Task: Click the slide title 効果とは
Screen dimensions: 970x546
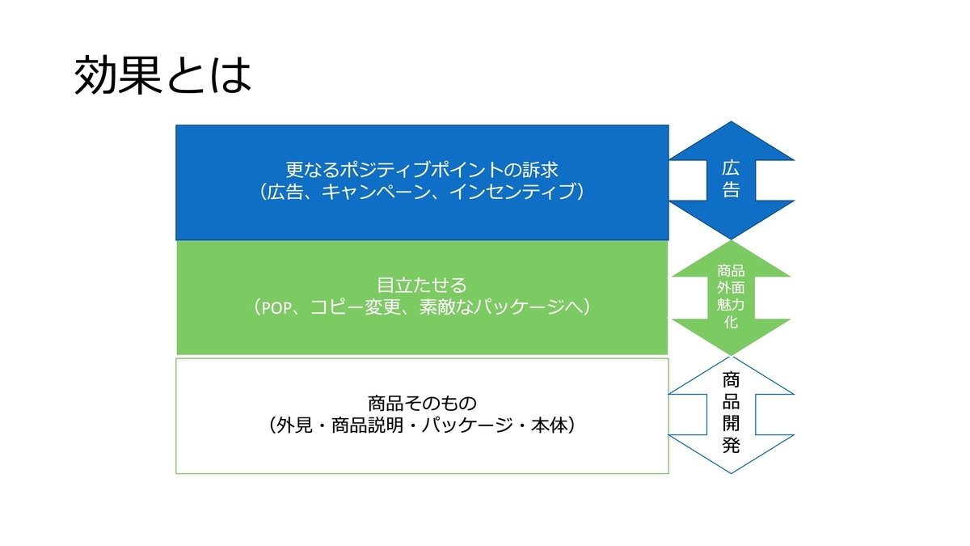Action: click(x=162, y=75)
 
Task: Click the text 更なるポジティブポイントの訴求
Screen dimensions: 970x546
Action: click(x=422, y=169)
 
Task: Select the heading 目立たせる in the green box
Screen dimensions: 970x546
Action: click(x=422, y=285)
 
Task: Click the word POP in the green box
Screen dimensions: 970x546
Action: click(x=276, y=307)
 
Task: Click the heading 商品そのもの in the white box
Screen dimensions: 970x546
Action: click(x=422, y=404)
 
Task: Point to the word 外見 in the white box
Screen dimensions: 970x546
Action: click(x=294, y=425)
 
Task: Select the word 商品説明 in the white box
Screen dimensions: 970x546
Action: click(x=368, y=425)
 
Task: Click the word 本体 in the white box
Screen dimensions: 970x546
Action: click(x=549, y=425)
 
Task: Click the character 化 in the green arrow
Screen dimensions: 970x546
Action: click(x=731, y=322)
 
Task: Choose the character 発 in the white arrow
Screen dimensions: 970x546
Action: click(x=731, y=445)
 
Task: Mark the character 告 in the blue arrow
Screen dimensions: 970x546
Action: click(x=731, y=189)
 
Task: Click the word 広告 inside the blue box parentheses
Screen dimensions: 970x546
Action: click(x=284, y=192)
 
